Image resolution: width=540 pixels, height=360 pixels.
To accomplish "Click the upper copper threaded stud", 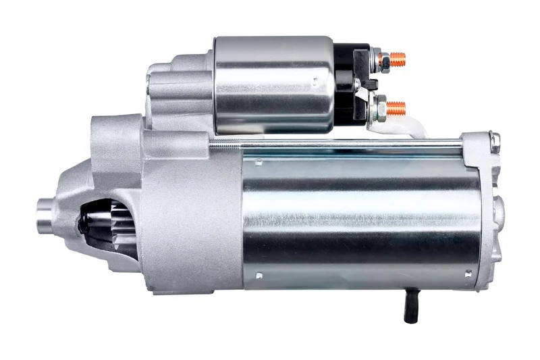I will (400, 58).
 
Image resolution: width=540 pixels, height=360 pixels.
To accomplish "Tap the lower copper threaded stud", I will (398, 107).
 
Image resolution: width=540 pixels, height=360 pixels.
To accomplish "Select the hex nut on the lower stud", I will (380, 107).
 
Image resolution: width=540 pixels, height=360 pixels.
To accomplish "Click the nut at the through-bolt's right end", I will (495, 142).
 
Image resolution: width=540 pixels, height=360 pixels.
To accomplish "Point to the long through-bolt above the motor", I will (337, 142).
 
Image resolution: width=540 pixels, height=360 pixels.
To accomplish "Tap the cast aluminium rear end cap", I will (489, 209).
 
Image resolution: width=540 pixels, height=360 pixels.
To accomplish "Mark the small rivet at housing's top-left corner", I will (257, 161).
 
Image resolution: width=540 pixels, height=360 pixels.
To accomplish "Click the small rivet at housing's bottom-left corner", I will (259, 276).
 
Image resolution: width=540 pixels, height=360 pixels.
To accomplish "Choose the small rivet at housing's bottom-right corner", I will (468, 274).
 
